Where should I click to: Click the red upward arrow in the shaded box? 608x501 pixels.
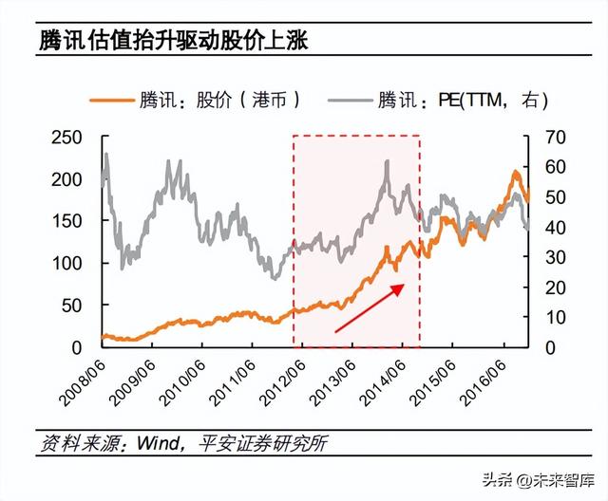370,307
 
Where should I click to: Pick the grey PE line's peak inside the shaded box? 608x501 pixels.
388,162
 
